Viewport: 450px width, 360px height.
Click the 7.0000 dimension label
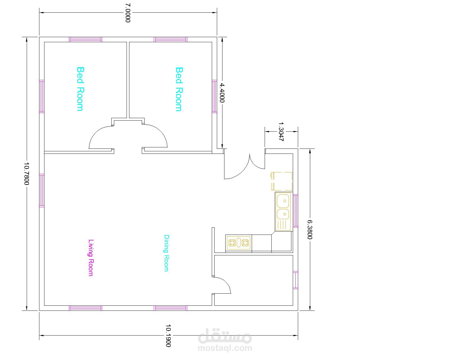128,13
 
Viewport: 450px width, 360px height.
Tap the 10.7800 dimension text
26,174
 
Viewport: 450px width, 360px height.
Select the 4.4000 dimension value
222,93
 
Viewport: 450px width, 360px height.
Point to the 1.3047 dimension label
281,132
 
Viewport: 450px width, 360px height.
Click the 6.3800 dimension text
310,229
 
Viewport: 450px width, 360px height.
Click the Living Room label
91,258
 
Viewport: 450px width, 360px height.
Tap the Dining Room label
166,253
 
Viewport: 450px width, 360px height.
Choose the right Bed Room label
179,89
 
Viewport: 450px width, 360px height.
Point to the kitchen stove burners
238,243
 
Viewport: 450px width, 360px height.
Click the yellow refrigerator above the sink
282,181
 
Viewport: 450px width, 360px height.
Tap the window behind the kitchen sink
296,211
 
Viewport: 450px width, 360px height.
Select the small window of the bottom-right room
296,280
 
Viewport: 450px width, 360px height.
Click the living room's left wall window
42,190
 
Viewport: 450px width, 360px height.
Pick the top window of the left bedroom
85,40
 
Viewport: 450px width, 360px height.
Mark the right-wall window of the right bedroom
215,96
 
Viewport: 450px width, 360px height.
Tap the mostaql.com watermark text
225,348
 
